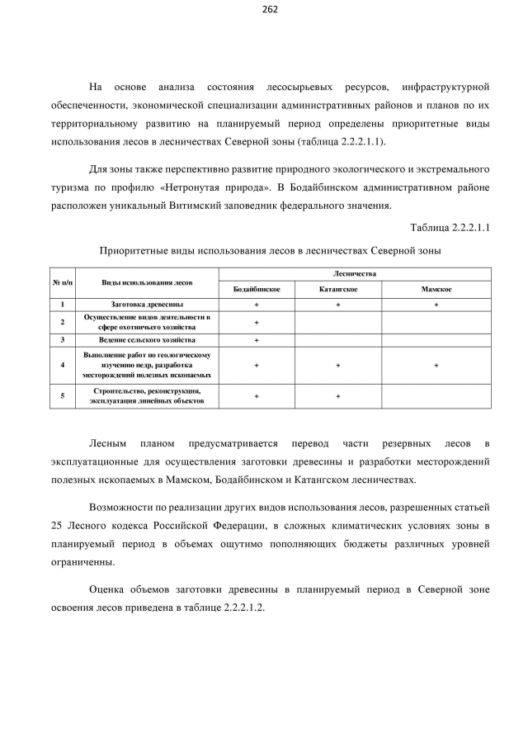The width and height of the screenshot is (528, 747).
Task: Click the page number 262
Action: (270, 9)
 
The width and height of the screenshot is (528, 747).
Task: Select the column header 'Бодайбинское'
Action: (257, 290)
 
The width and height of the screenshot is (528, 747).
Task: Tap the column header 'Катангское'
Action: (337, 290)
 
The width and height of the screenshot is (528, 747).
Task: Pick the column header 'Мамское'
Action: (436, 290)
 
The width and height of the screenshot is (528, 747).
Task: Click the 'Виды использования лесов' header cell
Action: (147, 281)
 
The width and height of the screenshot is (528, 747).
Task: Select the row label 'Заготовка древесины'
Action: (147, 305)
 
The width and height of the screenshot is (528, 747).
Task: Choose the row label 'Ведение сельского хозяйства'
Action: (147, 339)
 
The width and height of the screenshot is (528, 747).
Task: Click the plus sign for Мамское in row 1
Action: (436, 305)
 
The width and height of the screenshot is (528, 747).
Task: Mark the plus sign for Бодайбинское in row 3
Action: (257, 339)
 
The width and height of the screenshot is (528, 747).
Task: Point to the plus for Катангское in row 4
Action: (337, 364)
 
